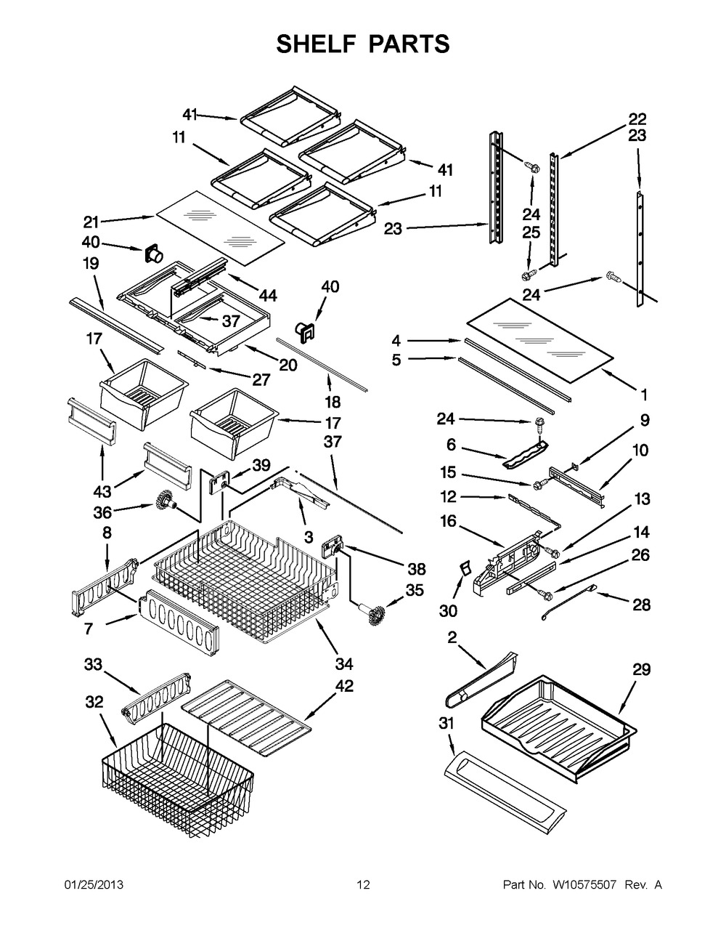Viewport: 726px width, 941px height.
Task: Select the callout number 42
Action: click(x=344, y=687)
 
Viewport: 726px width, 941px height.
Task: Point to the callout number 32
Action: click(x=95, y=702)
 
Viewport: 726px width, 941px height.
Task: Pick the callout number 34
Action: click(x=344, y=663)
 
